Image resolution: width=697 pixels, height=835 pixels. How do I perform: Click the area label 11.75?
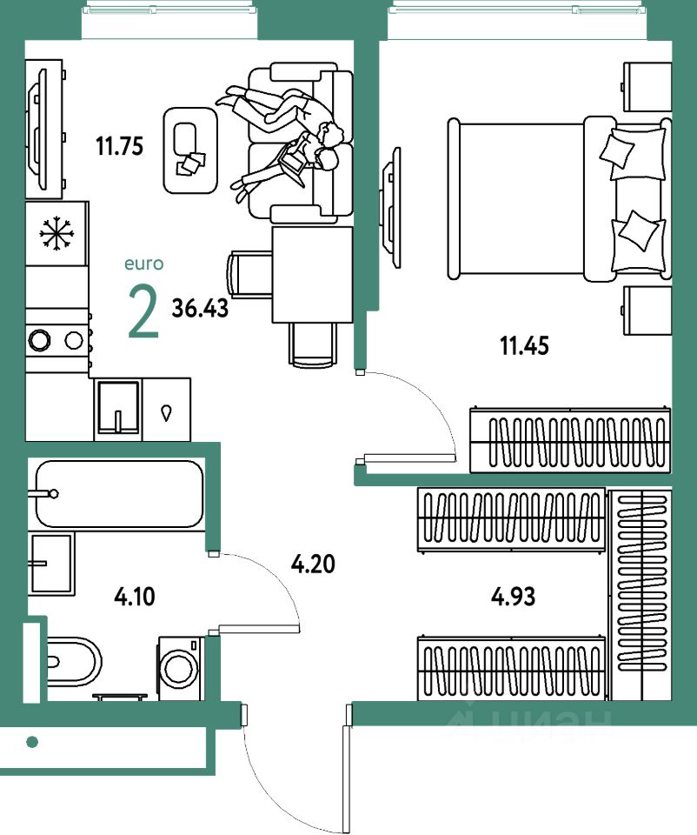point(120,146)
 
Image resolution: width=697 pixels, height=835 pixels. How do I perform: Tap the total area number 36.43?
point(200,308)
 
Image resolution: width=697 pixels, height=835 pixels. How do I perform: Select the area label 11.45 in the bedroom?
point(524,345)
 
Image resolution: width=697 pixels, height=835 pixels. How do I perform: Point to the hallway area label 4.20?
point(313,564)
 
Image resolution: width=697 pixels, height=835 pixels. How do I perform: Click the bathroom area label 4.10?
point(135,597)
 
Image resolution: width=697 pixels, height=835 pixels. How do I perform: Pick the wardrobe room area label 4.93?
point(513,597)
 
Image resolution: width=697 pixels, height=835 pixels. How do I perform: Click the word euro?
point(143,264)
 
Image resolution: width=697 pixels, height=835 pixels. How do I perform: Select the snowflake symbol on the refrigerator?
point(56,233)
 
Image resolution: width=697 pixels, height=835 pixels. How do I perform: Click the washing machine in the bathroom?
point(181,668)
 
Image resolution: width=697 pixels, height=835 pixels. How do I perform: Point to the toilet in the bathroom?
point(73,662)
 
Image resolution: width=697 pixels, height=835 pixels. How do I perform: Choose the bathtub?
point(119,494)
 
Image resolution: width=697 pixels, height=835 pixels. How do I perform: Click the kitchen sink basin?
point(118,407)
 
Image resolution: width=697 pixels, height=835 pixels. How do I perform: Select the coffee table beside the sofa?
point(190,150)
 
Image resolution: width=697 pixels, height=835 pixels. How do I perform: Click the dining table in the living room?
point(312,274)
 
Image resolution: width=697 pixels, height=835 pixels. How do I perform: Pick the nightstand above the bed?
point(647,87)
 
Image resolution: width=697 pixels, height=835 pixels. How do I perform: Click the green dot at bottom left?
point(32,741)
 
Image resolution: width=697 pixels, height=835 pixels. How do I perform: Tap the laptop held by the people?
point(293,162)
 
